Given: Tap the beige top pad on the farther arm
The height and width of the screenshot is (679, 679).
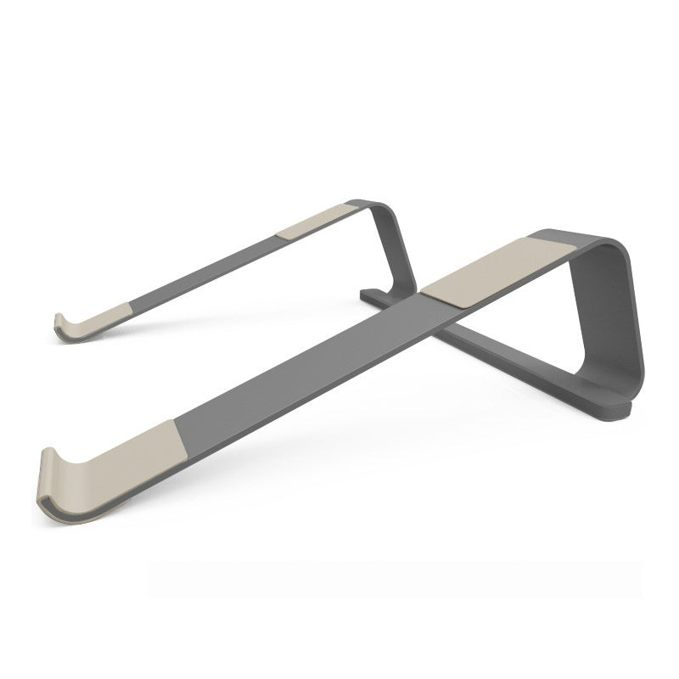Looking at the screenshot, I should tap(314, 221).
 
